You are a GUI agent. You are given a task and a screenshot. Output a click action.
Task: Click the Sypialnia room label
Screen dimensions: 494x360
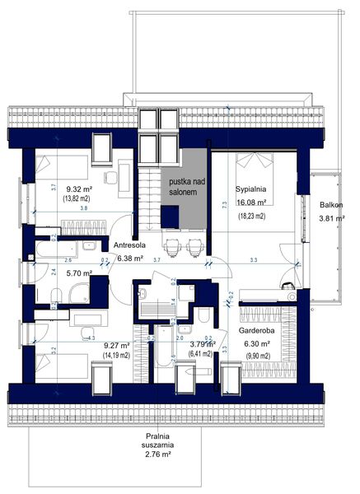point(252,187)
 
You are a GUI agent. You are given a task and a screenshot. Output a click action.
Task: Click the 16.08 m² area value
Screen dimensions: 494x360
point(253,202)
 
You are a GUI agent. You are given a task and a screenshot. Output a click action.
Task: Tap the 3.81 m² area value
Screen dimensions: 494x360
point(331,219)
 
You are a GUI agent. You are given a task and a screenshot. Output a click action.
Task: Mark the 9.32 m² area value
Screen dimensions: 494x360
point(78,189)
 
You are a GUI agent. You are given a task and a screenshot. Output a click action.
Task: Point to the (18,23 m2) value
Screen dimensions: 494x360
point(252,216)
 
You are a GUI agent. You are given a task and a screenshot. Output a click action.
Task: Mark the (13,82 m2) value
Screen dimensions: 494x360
point(77,199)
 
